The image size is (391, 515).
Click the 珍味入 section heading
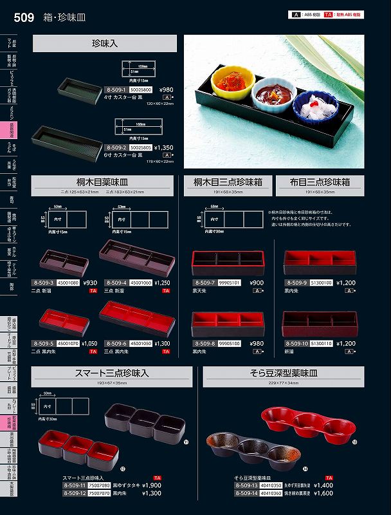coord(104,44)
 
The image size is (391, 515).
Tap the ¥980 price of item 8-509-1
coord(166,90)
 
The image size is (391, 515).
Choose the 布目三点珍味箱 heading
coord(319,183)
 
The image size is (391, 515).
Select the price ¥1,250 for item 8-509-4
coord(162,283)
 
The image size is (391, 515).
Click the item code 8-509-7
coord(204,283)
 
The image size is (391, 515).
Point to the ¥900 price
coord(256,283)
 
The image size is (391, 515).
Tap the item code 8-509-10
coord(296,344)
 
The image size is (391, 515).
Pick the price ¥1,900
coord(151,485)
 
